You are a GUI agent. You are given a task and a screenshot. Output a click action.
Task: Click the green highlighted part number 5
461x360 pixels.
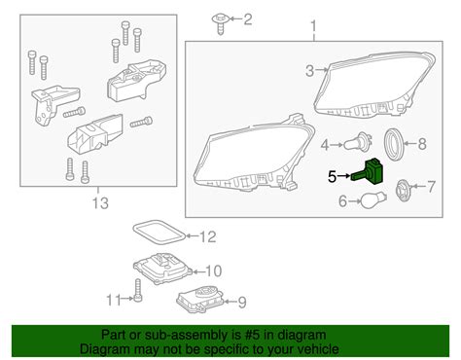(x=369, y=172)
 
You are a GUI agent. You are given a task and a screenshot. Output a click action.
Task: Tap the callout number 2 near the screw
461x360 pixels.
(x=248, y=19)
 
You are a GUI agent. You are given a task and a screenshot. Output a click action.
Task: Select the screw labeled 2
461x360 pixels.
(x=221, y=23)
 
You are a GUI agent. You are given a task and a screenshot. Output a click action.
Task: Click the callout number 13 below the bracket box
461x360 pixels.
(x=100, y=203)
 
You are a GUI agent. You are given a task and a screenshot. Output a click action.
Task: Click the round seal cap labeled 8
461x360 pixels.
(x=394, y=145)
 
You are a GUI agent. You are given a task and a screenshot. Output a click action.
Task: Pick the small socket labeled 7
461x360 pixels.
(x=403, y=189)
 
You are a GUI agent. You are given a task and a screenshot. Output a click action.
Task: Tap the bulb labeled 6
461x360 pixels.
(x=372, y=201)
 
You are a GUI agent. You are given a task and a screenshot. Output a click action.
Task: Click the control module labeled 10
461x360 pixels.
(x=162, y=269)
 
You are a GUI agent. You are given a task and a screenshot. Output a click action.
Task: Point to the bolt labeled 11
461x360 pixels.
(x=138, y=290)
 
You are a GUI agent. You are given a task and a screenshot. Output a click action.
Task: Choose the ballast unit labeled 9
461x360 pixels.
(x=200, y=300)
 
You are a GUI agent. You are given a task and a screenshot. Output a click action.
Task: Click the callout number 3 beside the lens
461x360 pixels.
(x=310, y=70)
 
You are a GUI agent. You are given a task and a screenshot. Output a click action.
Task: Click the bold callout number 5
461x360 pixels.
(x=332, y=177)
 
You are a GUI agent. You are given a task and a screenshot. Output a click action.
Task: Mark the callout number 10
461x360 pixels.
(x=213, y=270)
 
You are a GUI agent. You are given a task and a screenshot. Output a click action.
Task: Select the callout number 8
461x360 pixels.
(x=422, y=144)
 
